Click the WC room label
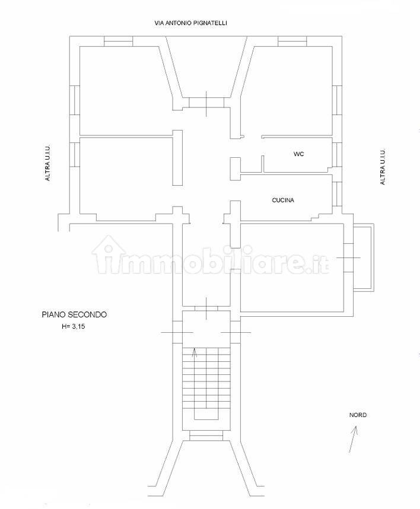point(298,154)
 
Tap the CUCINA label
point(283,201)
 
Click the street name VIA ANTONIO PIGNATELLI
point(190,23)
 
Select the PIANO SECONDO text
point(74,314)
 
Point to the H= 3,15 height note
point(74,326)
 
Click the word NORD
point(358,415)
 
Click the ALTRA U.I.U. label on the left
point(47,163)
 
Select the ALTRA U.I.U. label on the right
point(383,167)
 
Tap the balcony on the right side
point(364,257)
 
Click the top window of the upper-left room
point(119,41)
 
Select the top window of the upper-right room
point(292,41)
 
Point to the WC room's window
point(337,154)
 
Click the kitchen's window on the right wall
point(337,194)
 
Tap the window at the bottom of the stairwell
point(206,435)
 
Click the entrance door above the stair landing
point(206,308)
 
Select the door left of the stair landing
point(177,332)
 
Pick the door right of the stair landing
point(236,332)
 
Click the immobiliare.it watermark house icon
point(106,254)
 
